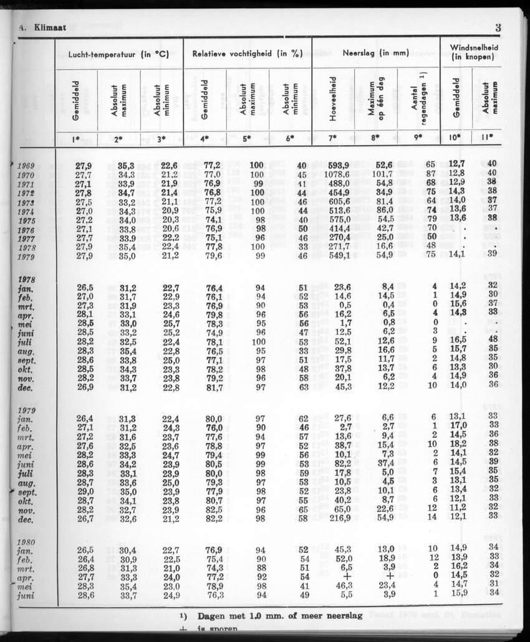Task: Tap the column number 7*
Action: coord(333,138)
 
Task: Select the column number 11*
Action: coord(486,138)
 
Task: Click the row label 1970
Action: coord(26,175)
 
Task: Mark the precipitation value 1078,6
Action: coord(335,175)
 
